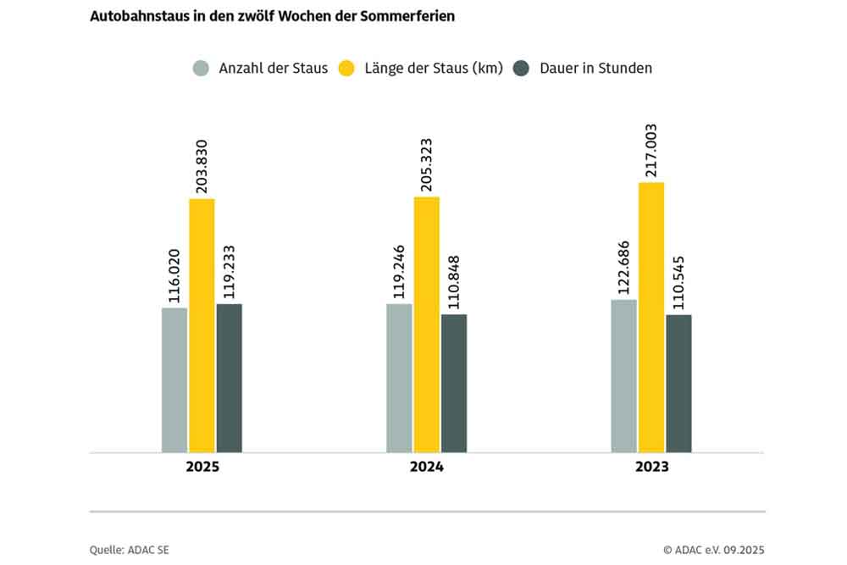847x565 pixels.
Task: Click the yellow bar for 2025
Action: coord(202,325)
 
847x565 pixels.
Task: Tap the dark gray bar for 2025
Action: coord(229,378)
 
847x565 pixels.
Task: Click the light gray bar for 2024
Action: coord(399,378)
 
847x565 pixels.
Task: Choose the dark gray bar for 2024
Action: coord(453,383)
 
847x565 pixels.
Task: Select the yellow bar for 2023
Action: coord(650,317)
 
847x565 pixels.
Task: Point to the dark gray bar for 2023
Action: coord(678,383)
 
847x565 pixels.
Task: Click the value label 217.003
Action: coord(650,150)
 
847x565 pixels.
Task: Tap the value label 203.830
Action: coord(202,166)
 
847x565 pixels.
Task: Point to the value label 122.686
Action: coord(623,266)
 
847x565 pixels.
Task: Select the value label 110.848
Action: coord(453,282)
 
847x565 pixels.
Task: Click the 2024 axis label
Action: coord(426,467)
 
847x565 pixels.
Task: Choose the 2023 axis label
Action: coord(650,467)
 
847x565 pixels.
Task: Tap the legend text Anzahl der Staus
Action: coord(273,69)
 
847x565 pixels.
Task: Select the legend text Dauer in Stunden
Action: coord(595,69)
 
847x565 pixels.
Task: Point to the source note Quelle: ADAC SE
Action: coord(129,550)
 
